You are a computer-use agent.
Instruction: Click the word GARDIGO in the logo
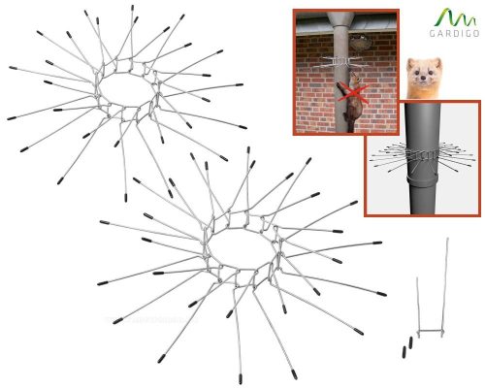click(454, 33)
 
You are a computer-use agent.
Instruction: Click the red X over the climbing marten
click(352, 94)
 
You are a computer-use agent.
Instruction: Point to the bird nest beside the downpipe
click(360, 43)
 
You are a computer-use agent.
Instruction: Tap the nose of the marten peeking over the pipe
click(422, 79)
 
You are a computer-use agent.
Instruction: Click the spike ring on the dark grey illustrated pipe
click(423, 155)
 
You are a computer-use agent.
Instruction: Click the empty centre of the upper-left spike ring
click(126, 89)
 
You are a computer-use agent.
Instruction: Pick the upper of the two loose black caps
click(410, 342)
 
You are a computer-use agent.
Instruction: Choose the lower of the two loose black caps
click(404, 352)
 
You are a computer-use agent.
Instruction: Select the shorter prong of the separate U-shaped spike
click(419, 306)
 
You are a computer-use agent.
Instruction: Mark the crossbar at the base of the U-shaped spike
click(431, 331)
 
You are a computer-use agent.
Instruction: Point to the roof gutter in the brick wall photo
click(346, 29)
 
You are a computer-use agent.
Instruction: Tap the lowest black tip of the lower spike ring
click(241, 378)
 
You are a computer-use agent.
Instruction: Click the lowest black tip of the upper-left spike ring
click(126, 198)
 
